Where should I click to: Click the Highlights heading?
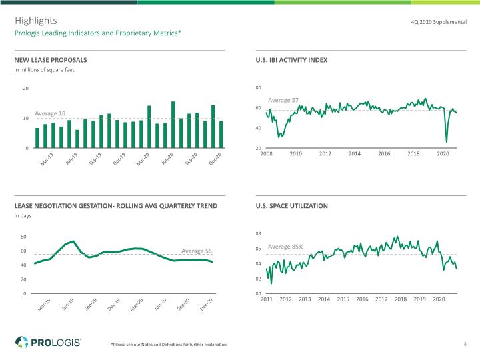pyautogui.click(x=36, y=21)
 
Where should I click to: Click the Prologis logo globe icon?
pyautogui.click(x=22, y=342)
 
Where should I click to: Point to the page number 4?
pyautogui.click(x=465, y=344)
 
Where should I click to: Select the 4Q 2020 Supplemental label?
pyautogui.click(x=439, y=22)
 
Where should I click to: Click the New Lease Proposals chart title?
pyautogui.click(x=51, y=60)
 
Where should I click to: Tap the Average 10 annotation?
pyautogui.click(x=50, y=113)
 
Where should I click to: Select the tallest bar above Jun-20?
pyautogui.click(x=173, y=125)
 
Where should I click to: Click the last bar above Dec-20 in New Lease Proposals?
pyautogui.click(x=221, y=135)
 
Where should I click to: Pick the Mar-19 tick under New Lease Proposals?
pyautogui.click(x=47, y=159)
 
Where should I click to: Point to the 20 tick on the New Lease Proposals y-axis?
pyautogui.click(x=26, y=88)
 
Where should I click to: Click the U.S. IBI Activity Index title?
pyautogui.click(x=291, y=60)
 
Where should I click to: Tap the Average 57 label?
pyautogui.click(x=283, y=100)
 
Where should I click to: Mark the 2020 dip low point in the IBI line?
pyautogui.click(x=447, y=142)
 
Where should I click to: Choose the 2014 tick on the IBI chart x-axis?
pyautogui.click(x=355, y=154)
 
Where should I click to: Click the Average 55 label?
pyautogui.click(x=197, y=251)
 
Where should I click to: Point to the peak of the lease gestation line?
pyautogui.click(x=73, y=241)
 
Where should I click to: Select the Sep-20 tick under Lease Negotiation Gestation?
pyautogui.click(x=183, y=304)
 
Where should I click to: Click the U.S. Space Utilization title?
pyautogui.click(x=292, y=206)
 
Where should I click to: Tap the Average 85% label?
pyautogui.click(x=285, y=247)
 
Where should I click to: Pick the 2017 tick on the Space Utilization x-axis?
pyautogui.click(x=381, y=299)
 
